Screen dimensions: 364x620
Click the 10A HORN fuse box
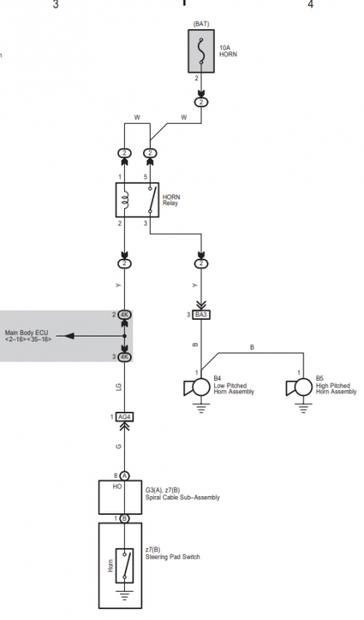point(201,51)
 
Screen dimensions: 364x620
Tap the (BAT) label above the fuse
point(201,24)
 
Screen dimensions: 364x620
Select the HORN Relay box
point(137,200)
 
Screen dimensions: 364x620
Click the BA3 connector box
point(201,315)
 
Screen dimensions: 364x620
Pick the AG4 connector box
point(125,417)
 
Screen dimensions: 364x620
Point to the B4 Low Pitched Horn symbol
point(197,387)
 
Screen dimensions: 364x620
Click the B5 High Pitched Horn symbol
point(299,387)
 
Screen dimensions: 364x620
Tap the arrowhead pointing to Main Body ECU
point(69,336)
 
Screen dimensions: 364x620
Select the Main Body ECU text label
point(28,336)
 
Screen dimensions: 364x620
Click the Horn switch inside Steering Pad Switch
point(124,565)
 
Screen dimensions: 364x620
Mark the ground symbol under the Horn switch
point(125,595)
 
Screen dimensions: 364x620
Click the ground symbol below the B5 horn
point(304,408)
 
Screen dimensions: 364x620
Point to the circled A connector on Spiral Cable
point(125,475)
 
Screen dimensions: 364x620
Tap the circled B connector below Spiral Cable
point(125,518)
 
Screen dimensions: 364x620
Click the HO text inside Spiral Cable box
point(117,487)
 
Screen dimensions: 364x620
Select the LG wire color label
point(118,386)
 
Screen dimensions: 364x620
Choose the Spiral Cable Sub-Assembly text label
point(182,494)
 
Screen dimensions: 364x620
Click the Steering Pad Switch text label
point(173,553)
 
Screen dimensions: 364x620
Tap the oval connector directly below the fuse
point(201,103)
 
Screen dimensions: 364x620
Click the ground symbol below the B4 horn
point(201,408)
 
